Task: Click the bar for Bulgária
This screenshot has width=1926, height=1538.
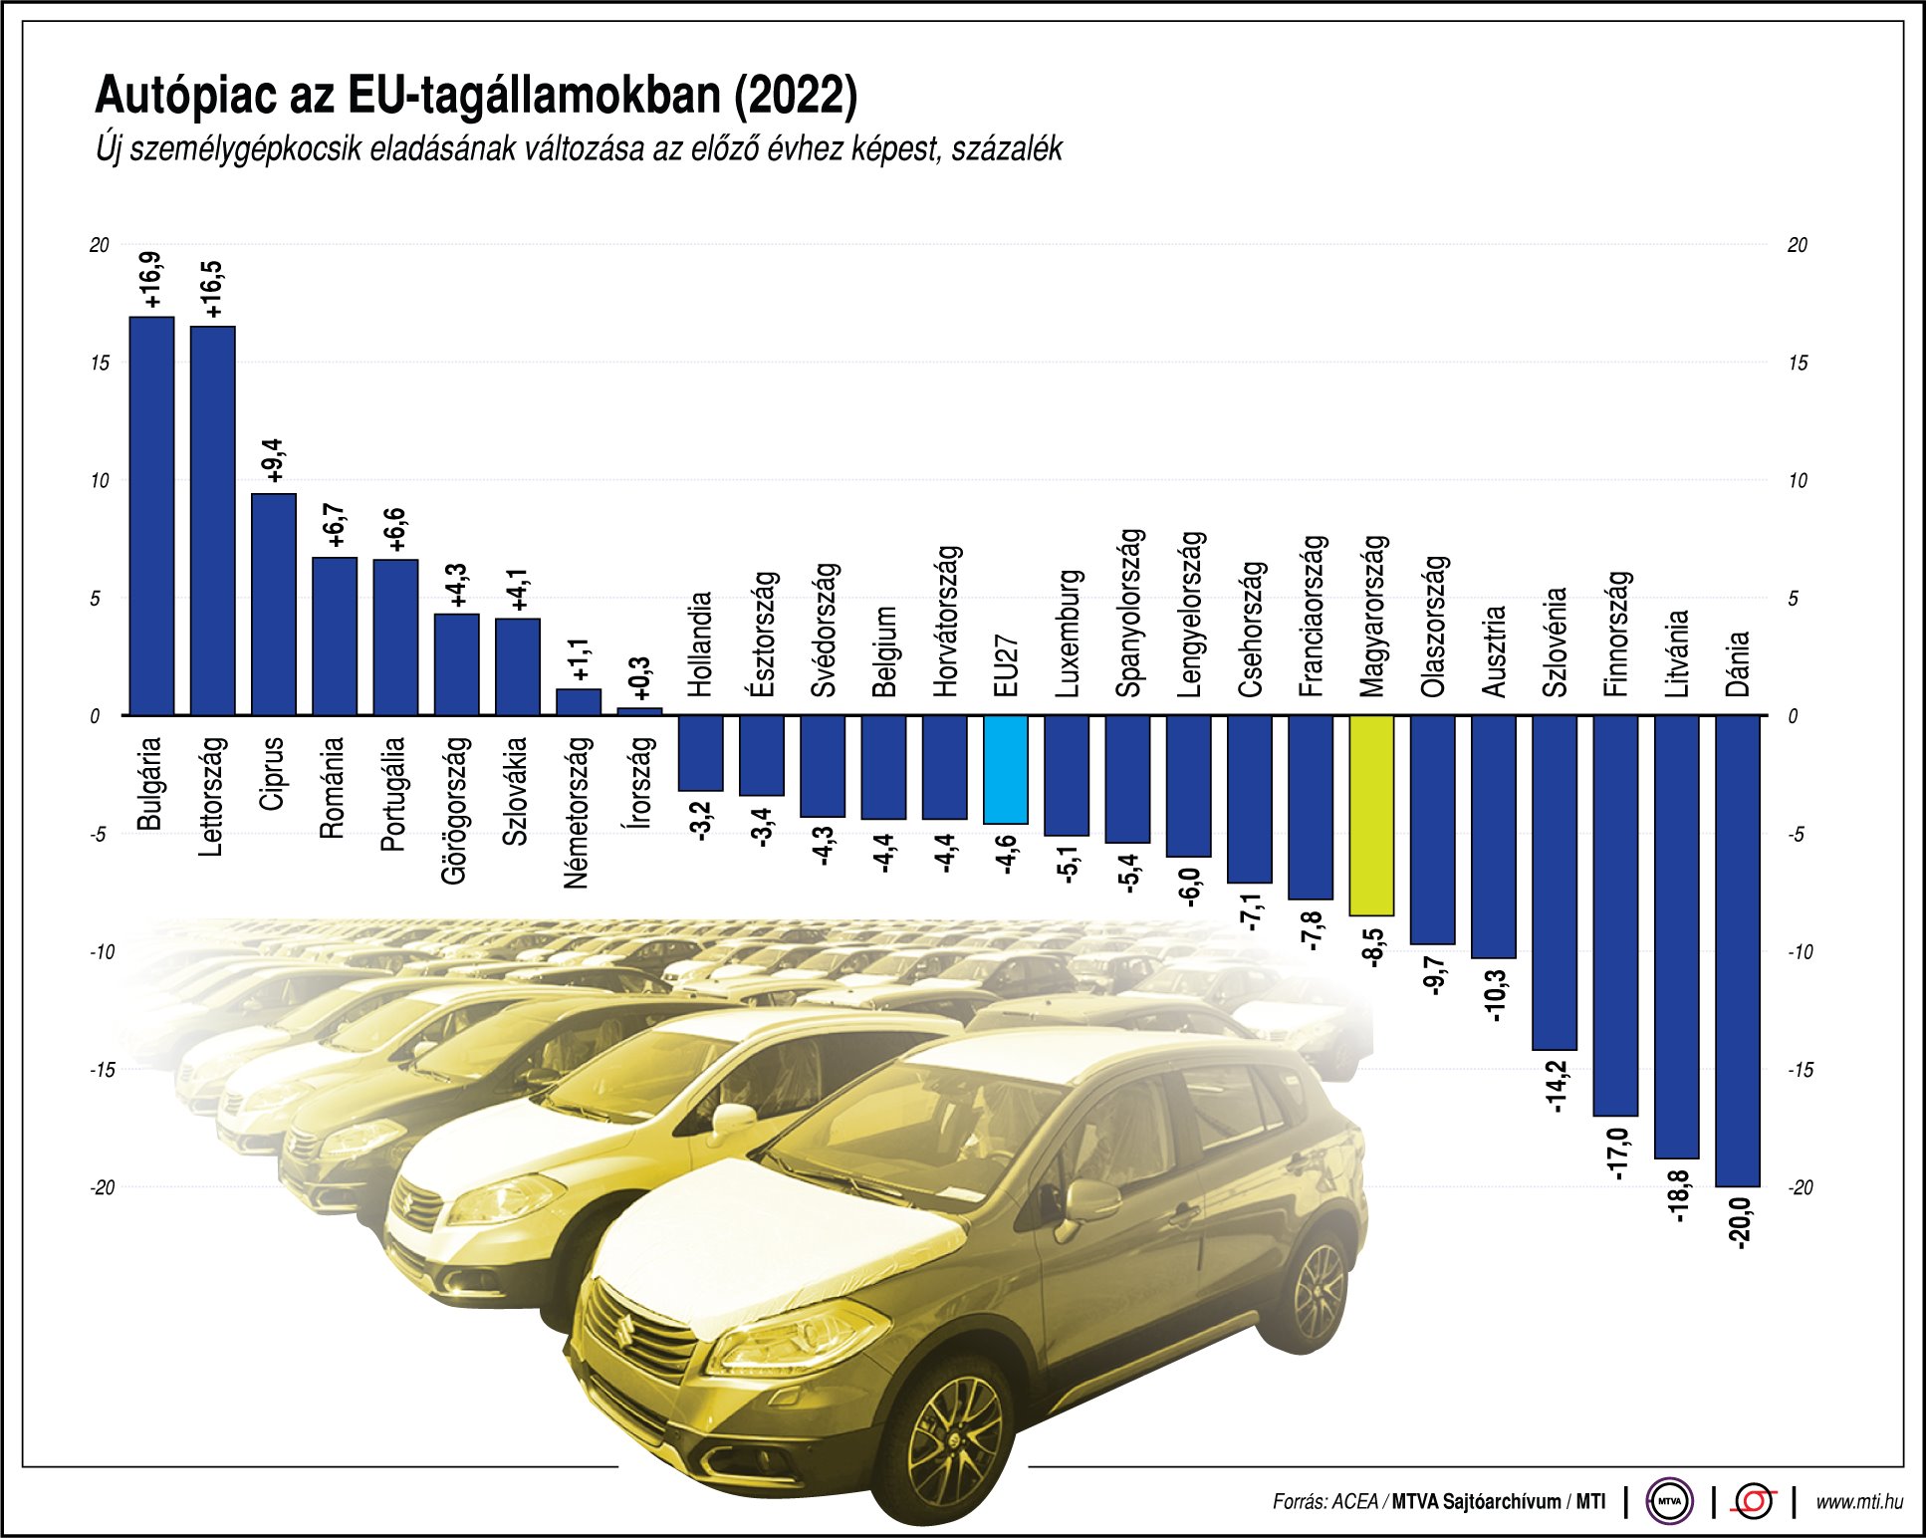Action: pyautogui.click(x=151, y=516)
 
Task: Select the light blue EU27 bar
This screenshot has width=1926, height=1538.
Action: pyautogui.click(x=1005, y=769)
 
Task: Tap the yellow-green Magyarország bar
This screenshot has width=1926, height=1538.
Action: pyautogui.click(x=1371, y=815)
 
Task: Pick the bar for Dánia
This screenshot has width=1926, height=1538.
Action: pyautogui.click(x=1737, y=950)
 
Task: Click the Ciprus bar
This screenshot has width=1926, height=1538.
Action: pyautogui.click(x=273, y=604)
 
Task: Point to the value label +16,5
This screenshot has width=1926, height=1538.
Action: pyautogui.click(x=211, y=290)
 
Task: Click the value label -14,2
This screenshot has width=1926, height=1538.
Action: pyautogui.click(x=1555, y=1087)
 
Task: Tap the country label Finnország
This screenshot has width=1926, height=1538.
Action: pyautogui.click(x=1615, y=634)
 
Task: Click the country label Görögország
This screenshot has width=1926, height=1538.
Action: pyautogui.click(x=455, y=809)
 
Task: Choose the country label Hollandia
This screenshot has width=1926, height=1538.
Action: pyautogui.click(x=700, y=643)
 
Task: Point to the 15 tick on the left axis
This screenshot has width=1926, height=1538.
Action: pyautogui.click(x=100, y=363)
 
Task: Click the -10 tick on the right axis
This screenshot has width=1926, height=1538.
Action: pyautogui.click(x=1800, y=951)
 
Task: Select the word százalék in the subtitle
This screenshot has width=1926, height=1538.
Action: pyautogui.click(x=1007, y=149)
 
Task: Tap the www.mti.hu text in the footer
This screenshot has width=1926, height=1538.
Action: pyautogui.click(x=1858, y=1501)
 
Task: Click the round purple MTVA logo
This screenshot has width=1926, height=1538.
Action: pyautogui.click(x=1670, y=1501)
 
